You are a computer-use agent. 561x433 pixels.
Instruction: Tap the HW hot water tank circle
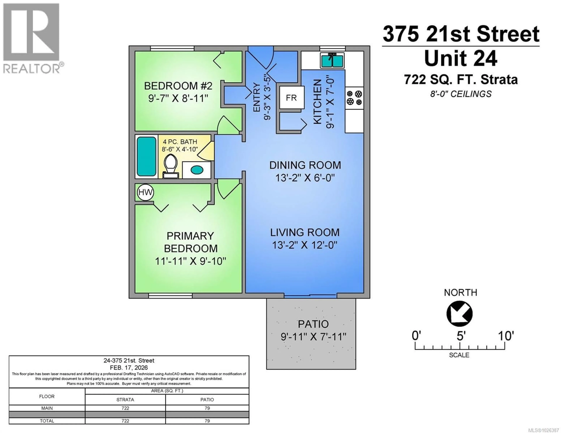[145, 192]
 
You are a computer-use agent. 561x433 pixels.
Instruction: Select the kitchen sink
[332, 61]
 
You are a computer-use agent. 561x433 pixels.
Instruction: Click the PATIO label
[313, 324]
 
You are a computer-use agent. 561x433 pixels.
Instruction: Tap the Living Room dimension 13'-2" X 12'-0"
[304, 245]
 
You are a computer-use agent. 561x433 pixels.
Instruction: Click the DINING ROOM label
[305, 165]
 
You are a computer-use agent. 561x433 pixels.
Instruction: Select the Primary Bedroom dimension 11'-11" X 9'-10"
[190, 261]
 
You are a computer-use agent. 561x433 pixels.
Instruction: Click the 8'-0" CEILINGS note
[461, 94]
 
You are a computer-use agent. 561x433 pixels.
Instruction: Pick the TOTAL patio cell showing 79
[207, 421]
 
